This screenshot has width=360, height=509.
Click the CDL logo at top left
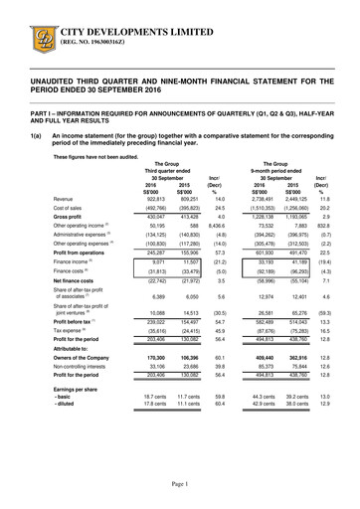[40, 25]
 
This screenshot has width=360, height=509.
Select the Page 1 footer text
[180, 482]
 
